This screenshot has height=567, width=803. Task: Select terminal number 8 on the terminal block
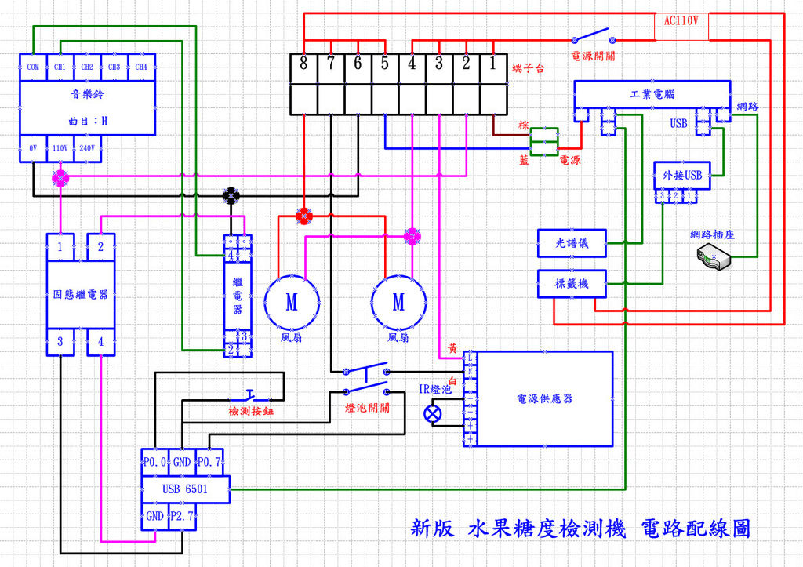[303, 64]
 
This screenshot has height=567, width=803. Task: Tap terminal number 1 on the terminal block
[492, 64]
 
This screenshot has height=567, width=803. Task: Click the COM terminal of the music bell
[33, 67]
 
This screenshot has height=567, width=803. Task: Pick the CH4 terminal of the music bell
[141, 67]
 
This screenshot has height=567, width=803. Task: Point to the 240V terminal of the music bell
[87, 147]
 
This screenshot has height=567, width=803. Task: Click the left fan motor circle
[292, 302]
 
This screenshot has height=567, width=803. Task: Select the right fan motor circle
[398, 302]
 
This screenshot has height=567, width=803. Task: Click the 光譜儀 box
[572, 243]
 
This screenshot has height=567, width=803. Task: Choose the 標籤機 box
[572, 284]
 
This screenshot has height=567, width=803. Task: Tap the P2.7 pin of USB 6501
[181, 517]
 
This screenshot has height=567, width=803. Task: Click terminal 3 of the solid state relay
[60, 341]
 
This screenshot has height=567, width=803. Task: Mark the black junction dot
[231, 194]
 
